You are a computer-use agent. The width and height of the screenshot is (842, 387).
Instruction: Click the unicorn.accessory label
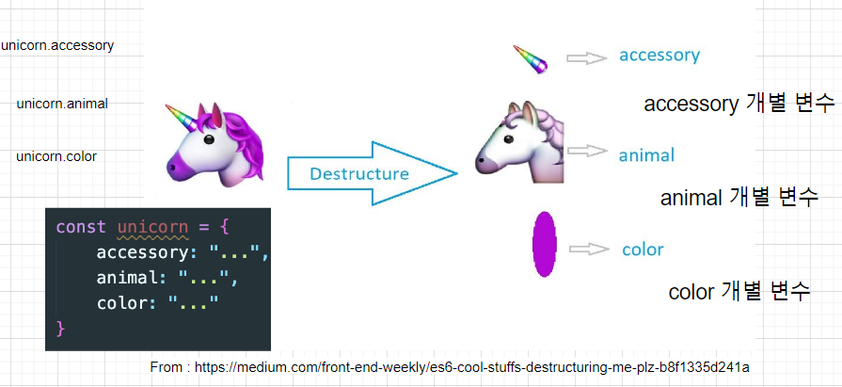[57, 44]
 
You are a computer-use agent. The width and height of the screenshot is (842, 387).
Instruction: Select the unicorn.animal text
[62, 104]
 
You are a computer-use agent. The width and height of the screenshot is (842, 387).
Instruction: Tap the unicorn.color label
[56, 156]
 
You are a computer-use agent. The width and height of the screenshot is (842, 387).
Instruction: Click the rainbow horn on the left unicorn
[182, 119]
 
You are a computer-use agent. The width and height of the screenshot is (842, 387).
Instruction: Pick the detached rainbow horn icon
[531, 59]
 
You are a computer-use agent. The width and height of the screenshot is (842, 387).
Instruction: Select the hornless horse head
[518, 142]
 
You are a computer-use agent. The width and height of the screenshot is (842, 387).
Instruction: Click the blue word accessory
[659, 55]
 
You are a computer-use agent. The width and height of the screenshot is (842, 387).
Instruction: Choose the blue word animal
[646, 154]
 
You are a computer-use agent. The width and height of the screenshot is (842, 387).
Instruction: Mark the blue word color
[643, 250]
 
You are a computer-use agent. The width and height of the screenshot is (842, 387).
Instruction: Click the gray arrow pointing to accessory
[586, 58]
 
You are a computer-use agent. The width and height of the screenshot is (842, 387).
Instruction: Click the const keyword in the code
[82, 228]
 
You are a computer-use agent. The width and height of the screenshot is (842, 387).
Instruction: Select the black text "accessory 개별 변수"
[739, 104]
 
